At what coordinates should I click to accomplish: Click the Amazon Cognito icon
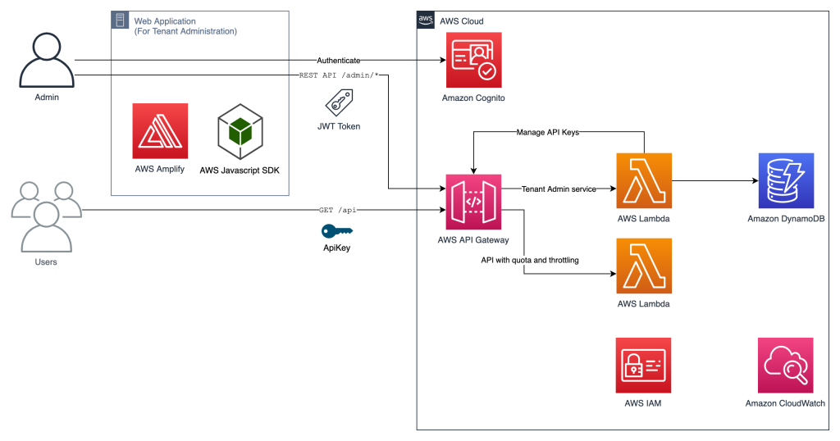point(473,60)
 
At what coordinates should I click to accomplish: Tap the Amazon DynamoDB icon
point(786,180)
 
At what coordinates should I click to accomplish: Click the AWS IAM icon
point(643,365)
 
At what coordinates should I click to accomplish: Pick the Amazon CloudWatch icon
point(785,365)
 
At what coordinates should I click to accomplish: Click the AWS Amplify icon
point(160,131)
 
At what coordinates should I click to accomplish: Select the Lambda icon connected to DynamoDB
point(643,180)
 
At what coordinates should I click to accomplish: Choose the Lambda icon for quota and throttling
point(643,266)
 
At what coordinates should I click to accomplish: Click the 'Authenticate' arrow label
point(339,60)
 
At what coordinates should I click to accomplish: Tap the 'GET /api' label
point(337,211)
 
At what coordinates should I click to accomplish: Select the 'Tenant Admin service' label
point(559,189)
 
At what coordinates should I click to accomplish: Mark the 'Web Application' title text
point(165,21)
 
